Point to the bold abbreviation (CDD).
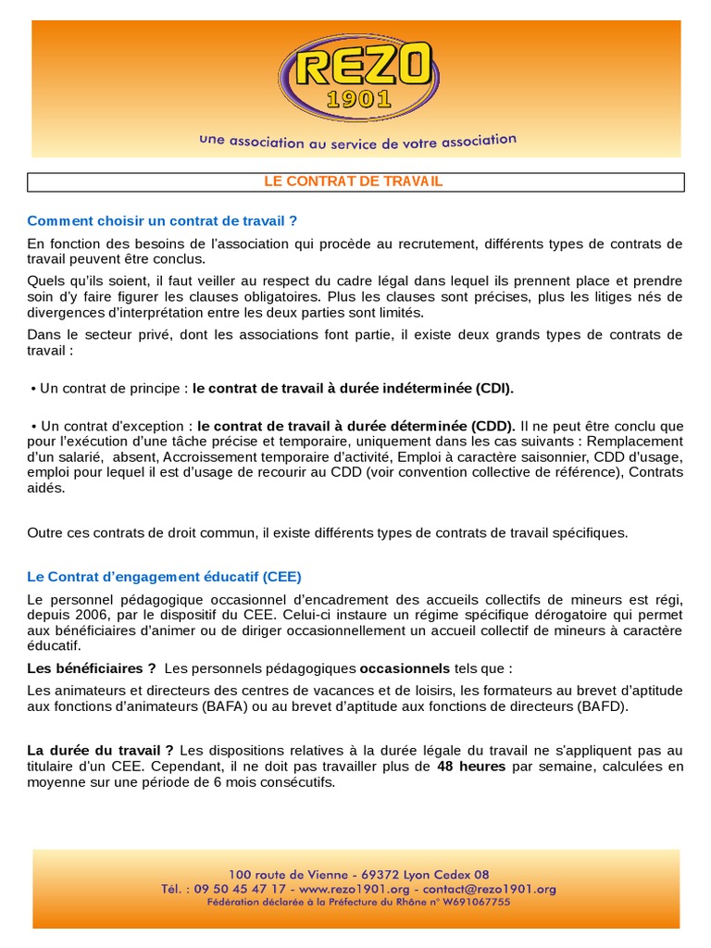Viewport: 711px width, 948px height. coord(485,426)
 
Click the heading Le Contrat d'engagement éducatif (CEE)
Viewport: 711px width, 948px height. coord(165,575)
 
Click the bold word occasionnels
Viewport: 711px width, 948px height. coord(405,667)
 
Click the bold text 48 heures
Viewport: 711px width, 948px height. coord(471,767)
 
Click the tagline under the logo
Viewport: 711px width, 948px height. coord(357,142)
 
